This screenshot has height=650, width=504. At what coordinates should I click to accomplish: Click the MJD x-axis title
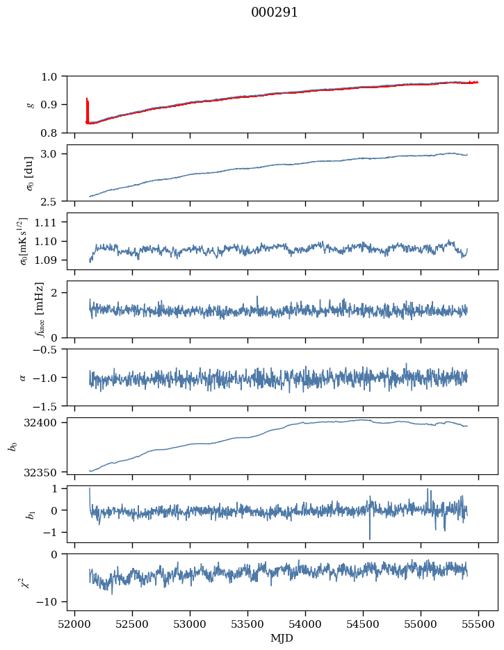[282, 638]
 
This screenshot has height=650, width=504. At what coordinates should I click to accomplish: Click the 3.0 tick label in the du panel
[54, 153]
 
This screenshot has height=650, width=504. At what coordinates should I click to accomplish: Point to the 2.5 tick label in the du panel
[54, 201]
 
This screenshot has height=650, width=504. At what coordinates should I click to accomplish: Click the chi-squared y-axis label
[26, 583]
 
